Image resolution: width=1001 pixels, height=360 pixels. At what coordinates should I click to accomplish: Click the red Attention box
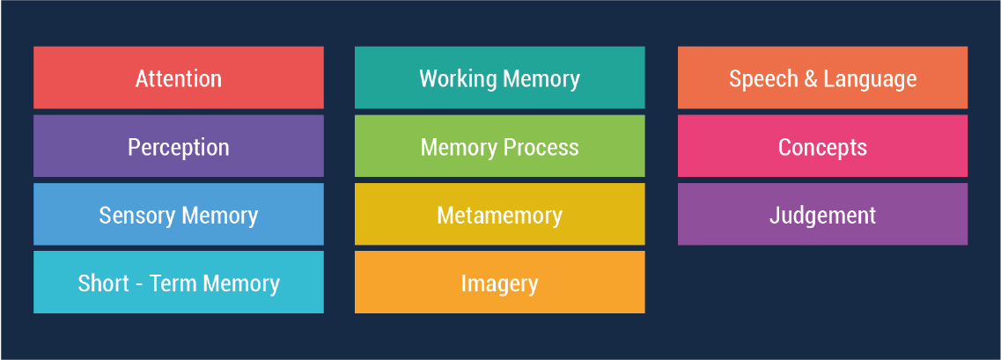[178, 78]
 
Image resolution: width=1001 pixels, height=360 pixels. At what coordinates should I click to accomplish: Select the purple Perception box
[178, 147]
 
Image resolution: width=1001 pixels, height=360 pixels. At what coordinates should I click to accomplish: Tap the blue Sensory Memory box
[178, 215]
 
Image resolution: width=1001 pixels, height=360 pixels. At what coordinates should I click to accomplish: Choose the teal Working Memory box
[499, 78]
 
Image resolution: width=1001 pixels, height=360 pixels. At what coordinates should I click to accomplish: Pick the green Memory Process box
[499, 147]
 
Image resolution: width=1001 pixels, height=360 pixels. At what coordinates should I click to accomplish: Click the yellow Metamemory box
[499, 215]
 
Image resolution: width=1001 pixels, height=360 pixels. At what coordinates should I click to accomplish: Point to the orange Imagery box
[499, 283]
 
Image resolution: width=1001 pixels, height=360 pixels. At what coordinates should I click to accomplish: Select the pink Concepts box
[822, 147]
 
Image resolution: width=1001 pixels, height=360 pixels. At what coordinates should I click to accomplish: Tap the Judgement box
[822, 215]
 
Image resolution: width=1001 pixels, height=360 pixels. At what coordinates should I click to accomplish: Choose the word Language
[870, 79]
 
